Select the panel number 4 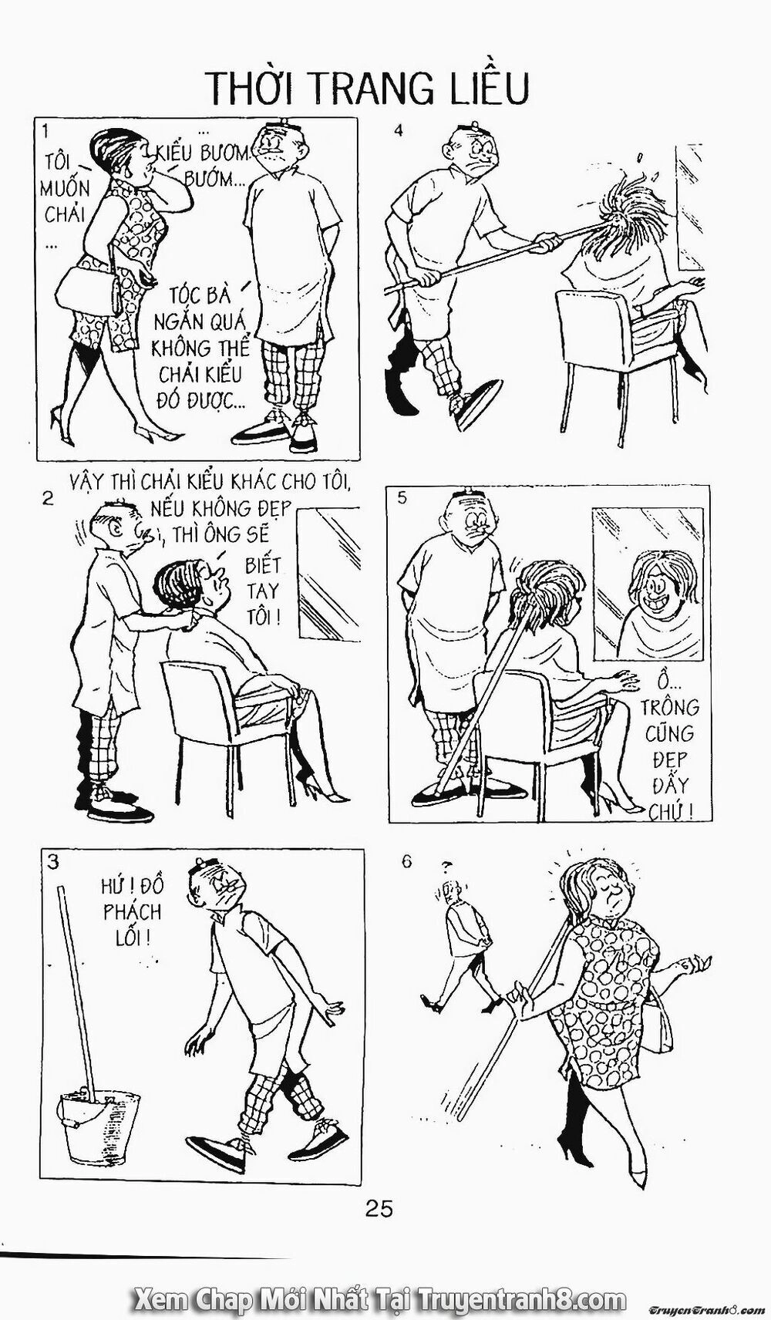pyautogui.click(x=399, y=130)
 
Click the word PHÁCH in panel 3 pyautogui.click(x=133, y=911)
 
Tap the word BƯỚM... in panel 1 pyautogui.click(x=212, y=180)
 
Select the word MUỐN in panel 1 pyautogui.click(x=66, y=187)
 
